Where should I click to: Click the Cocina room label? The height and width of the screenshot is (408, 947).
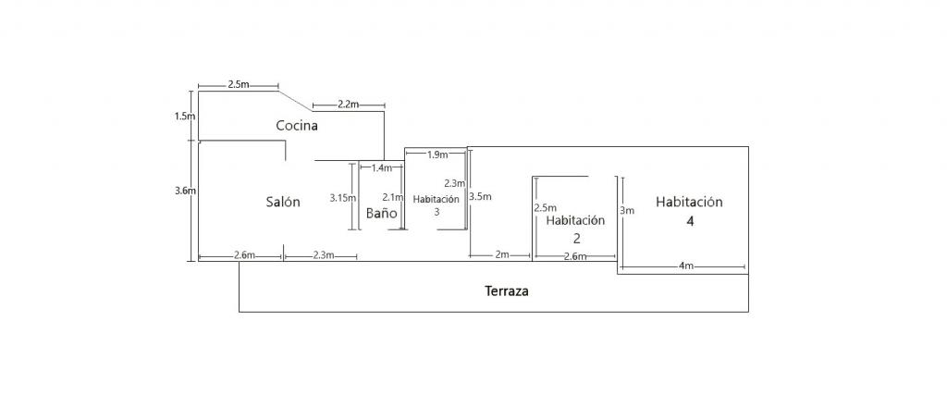[297, 125]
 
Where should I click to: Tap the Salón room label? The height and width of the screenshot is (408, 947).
[283, 202]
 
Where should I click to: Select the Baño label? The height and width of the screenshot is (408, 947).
[381, 213]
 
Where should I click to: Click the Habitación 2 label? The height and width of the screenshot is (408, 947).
[575, 229]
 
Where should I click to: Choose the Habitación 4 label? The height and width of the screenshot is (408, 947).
[689, 211]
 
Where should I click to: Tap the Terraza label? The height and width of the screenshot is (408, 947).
[507, 291]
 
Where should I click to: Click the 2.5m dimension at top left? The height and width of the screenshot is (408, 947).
[238, 84]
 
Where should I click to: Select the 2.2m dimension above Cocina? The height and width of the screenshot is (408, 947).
[348, 105]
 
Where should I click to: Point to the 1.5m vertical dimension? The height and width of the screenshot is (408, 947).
[185, 117]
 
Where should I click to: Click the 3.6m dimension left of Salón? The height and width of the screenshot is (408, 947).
[185, 191]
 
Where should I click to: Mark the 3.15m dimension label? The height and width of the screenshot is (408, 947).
[343, 197]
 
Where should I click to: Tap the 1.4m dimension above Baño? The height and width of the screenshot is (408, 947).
[381, 168]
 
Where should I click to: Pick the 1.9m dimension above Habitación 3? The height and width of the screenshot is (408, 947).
[437, 155]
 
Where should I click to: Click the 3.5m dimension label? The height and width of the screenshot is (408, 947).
[480, 197]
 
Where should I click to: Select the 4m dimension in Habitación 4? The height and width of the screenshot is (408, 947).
[685, 266]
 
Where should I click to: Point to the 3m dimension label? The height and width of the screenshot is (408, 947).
[627, 211]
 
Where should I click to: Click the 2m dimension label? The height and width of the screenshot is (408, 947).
[501, 254]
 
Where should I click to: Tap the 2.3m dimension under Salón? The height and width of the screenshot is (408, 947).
[324, 254]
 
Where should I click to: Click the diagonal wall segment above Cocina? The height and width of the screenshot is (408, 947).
[296, 100]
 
